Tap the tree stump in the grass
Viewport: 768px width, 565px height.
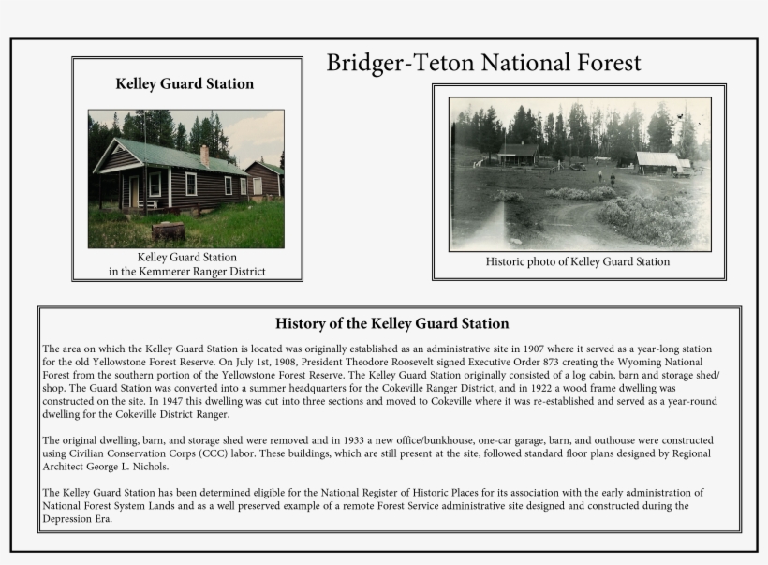(168, 230)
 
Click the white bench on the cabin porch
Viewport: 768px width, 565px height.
(147, 203)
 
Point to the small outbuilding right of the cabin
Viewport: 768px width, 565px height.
(264, 179)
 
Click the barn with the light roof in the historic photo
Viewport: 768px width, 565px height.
(660, 163)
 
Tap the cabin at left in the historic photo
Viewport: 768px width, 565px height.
(518, 154)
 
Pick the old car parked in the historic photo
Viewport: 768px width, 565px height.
(578, 167)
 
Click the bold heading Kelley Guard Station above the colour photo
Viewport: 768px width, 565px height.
(185, 83)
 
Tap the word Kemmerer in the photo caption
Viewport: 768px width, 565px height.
(171, 272)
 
